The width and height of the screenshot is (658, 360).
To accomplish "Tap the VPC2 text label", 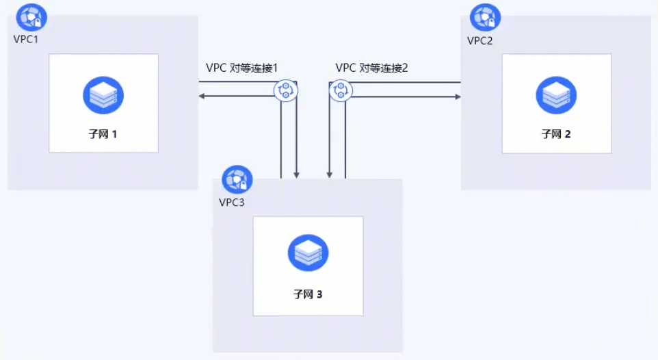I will click(x=480, y=40).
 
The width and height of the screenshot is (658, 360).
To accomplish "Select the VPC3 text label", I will click(x=231, y=202).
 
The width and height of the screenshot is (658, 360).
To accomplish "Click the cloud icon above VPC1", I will click(x=31, y=17).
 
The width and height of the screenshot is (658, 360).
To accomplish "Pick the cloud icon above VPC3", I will click(x=237, y=179).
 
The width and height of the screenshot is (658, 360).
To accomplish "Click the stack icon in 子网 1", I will click(x=103, y=95).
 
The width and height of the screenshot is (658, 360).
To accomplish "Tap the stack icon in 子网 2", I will click(x=556, y=95).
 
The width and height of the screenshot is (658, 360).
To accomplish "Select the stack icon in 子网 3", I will click(x=308, y=253).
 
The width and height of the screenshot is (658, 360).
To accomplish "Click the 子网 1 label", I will click(x=103, y=134).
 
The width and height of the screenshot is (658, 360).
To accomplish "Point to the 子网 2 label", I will click(x=556, y=134).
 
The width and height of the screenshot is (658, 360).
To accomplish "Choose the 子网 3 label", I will click(x=308, y=295).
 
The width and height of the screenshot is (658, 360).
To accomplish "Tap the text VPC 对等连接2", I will click(x=372, y=68).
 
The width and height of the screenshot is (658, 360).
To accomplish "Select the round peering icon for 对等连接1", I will click(x=285, y=90).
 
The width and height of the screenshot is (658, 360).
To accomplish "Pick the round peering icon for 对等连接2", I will click(x=340, y=90).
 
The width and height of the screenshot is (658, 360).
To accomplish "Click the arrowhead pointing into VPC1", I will click(x=202, y=97).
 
